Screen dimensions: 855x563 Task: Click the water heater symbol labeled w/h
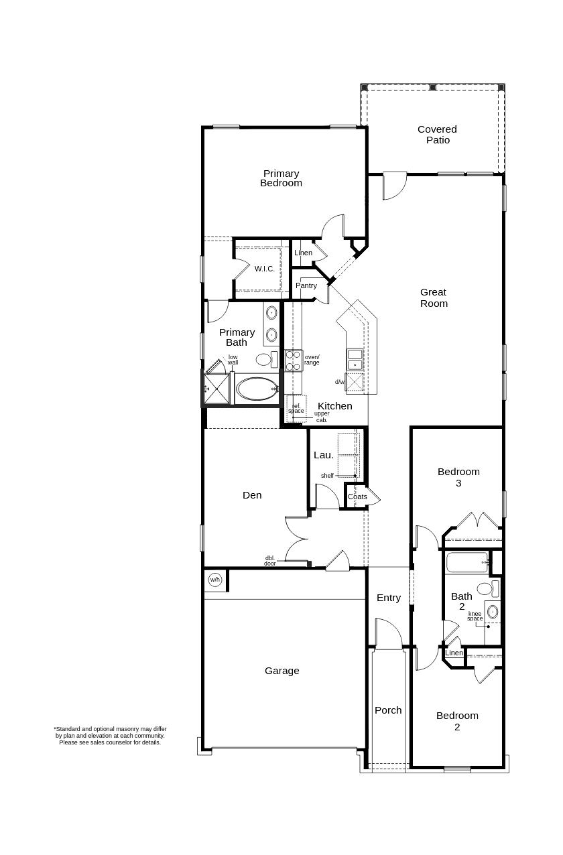215,580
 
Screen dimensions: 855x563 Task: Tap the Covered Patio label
437,135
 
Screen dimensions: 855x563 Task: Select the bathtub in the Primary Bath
256,389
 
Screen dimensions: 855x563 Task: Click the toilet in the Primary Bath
265,360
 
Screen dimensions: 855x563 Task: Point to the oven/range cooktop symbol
294,360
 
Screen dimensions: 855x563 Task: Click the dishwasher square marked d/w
355,382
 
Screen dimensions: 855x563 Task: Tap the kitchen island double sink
355,359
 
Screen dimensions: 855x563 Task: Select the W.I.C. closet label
264,269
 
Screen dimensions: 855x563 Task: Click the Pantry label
306,285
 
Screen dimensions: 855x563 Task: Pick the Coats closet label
357,497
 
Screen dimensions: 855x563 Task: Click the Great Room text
434,298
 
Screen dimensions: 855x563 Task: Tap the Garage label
281,671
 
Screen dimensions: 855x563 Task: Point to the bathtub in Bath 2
466,562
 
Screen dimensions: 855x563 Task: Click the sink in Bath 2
493,611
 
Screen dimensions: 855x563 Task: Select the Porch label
388,710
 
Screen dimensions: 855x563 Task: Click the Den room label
252,495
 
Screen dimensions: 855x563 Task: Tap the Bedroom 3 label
458,477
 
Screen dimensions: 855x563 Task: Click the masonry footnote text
110,736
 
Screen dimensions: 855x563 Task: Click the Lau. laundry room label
324,455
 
